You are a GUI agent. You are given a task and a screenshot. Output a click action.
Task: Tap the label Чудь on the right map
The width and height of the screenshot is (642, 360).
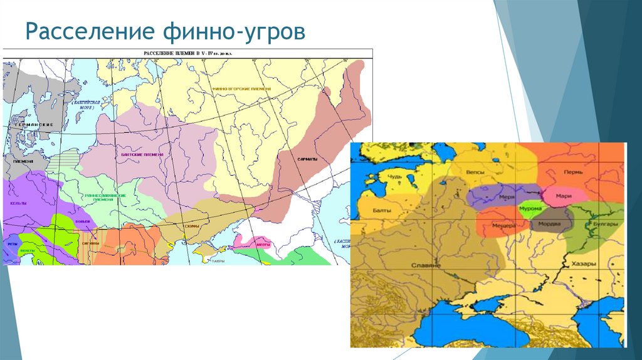tap(394, 176)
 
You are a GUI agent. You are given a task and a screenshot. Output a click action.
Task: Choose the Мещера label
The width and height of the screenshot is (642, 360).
tap(504, 226)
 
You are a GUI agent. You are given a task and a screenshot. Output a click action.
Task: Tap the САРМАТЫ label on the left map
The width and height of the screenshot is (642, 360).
tap(307, 159)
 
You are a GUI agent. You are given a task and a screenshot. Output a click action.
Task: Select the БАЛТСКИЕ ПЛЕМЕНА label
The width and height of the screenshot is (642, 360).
tap(140, 154)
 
